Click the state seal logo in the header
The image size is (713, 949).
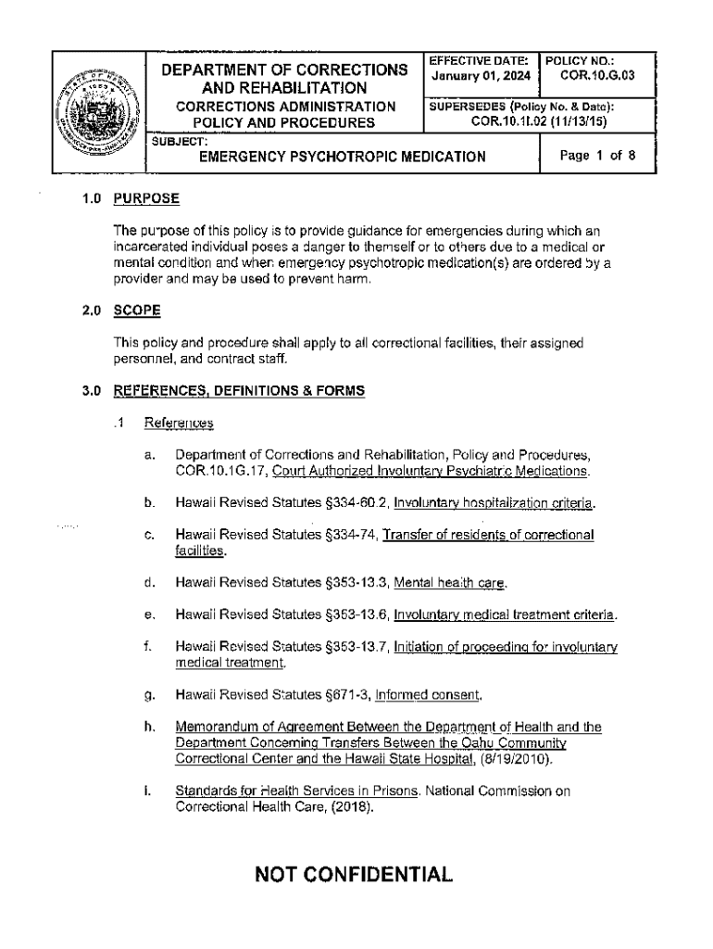point(99,112)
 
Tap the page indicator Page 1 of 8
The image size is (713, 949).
point(597,156)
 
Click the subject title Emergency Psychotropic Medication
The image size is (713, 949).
point(343,158)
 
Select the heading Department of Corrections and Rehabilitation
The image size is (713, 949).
point(284,79)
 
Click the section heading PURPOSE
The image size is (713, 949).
point(145,199)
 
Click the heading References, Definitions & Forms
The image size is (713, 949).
point(239,391)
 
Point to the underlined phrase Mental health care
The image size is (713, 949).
point(451,583)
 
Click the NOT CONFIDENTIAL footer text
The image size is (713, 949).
point(356,874)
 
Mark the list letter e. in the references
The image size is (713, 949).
point(149,614)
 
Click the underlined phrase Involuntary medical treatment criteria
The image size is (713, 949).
point(506,614)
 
